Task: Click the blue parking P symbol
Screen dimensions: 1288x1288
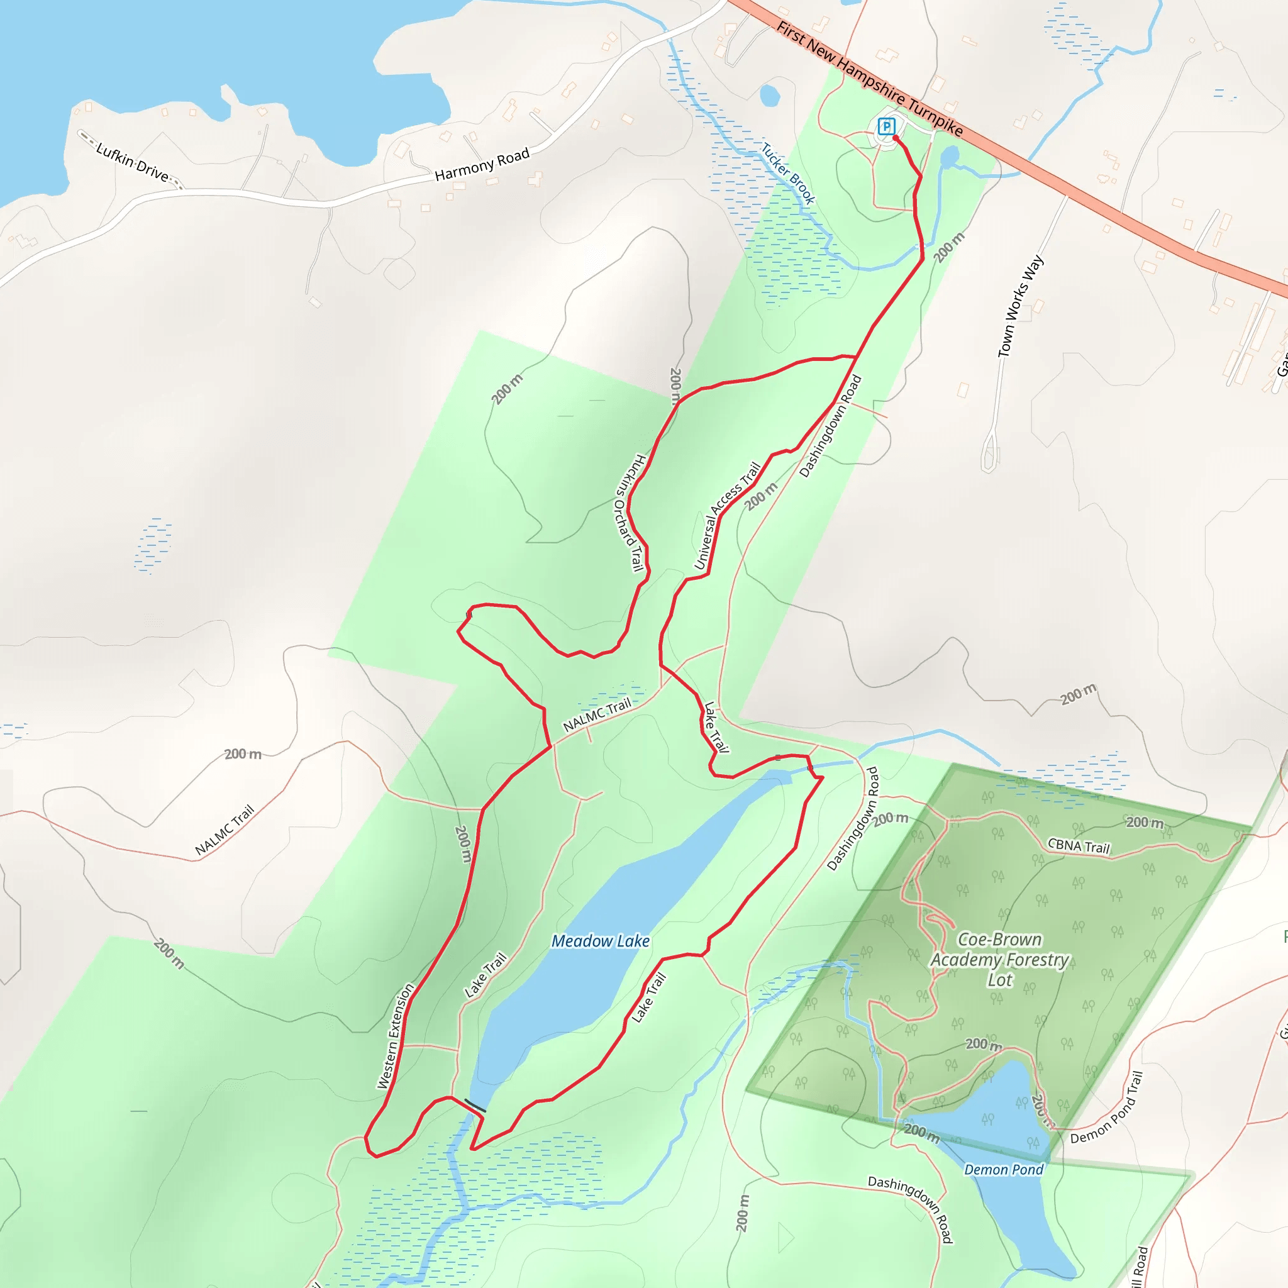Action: pos(886,125)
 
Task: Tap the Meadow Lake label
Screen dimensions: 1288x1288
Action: pos(600,941)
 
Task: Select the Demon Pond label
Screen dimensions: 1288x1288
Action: pos(1003,1169)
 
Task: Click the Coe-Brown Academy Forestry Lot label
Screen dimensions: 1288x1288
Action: pos(999,959)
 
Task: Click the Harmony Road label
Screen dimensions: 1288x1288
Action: pos(482,164)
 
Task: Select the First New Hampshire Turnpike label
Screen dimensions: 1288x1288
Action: pos(870,79)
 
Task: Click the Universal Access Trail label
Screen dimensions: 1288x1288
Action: pos(728,515)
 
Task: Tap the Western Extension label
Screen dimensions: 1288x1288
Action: pos(396,1036)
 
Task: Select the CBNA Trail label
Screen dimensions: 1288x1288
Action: pos(1079,846)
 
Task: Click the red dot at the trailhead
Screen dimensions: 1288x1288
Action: pos(896,138)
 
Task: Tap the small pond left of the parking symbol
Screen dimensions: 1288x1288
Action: pos(769,96)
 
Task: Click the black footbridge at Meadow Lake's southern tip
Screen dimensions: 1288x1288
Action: pos(475,1106)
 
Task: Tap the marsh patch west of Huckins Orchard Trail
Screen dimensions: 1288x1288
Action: pos(153,545)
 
